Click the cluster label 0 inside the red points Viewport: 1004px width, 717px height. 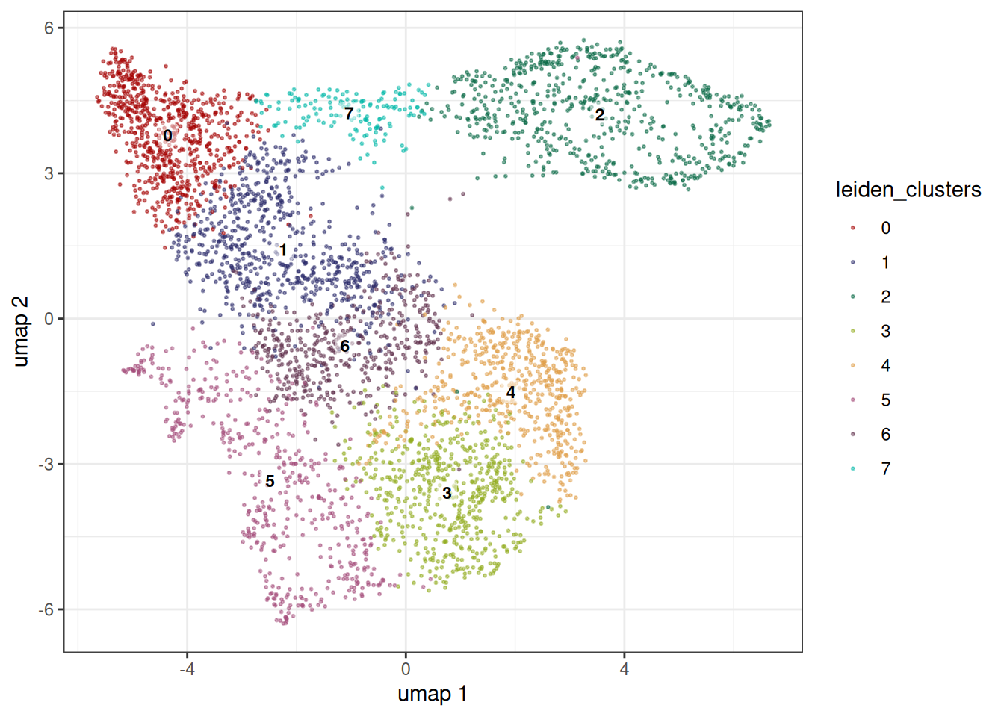[x=167, y=135]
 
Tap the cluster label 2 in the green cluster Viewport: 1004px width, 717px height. [x=599, y=115]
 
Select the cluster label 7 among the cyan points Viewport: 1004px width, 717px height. [x=349, y=113]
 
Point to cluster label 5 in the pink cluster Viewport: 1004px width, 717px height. [x=270, y=481]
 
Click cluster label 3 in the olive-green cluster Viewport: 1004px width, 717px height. [x=447, y=493]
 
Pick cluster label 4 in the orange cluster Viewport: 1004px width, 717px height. [x=510, y=393]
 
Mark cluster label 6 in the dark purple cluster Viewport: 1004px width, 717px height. [x=344, y=346]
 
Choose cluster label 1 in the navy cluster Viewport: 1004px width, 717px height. [x=283, y=249]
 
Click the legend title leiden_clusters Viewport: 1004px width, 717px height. [x=908, y=190]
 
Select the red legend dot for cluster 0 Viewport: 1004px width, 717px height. [x=852, y=228]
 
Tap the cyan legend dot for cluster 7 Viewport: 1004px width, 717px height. [x=852, y=469]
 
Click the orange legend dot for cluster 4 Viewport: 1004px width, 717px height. [x=852, y=366]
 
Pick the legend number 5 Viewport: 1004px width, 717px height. [x=886, y=400]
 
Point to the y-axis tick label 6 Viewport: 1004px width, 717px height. [x=49, y=28]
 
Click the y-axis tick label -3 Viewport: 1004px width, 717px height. [x=46, y=465]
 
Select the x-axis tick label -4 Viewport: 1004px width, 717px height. [x=187, y=669]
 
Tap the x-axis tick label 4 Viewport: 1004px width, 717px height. [x=625, y=669]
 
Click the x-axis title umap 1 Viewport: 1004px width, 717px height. [x=433, y=694]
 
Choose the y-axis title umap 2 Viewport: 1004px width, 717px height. [x=21, y=331]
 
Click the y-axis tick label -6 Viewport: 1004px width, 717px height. [x=46, y=609]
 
